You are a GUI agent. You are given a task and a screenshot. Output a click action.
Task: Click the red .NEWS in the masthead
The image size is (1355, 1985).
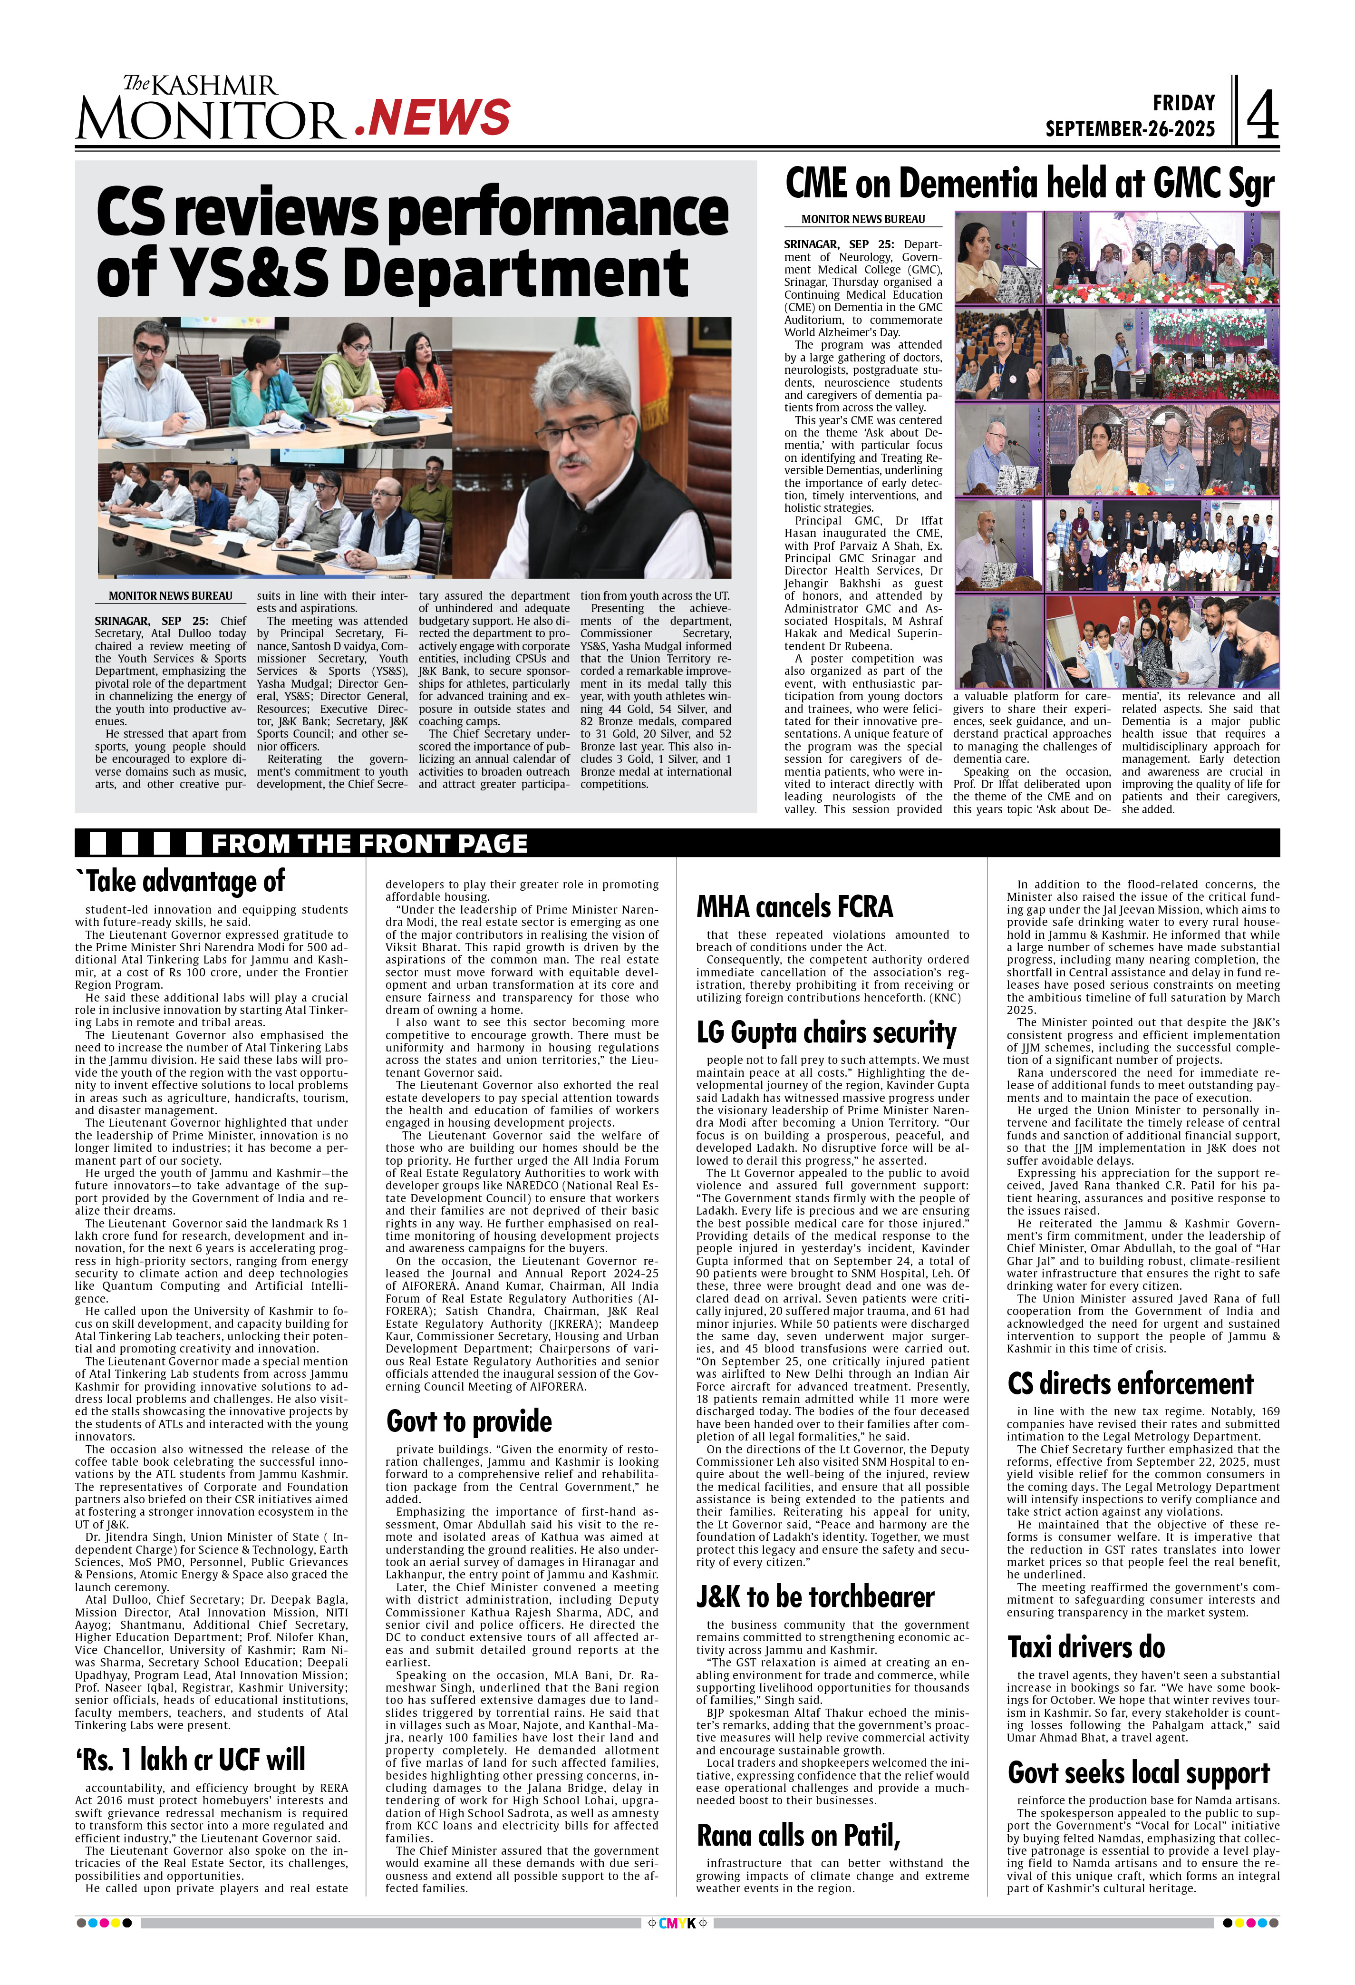point(432,118)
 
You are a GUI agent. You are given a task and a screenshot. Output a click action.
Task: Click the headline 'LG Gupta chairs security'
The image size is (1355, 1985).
point(826,1032)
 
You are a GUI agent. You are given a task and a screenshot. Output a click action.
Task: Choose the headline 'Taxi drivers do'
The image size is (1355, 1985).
point(1086,1647)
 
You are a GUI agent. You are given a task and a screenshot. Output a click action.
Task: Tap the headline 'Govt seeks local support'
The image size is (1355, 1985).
point(1138,1772)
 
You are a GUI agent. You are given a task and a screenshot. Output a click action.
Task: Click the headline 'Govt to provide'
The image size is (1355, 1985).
point(469,1421)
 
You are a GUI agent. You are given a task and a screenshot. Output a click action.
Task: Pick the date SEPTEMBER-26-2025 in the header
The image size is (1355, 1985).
point(1130,129)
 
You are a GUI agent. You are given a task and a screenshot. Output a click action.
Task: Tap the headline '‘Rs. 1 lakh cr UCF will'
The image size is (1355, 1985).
point(190,1760)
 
